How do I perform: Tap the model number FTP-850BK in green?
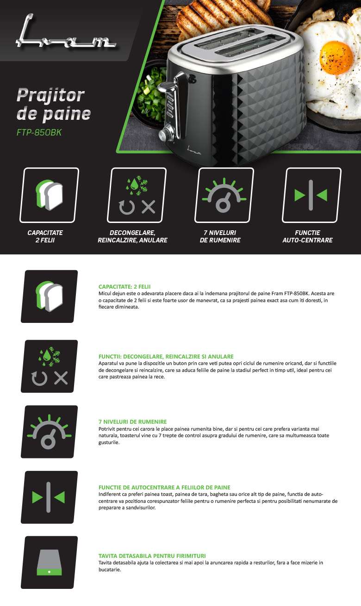39,132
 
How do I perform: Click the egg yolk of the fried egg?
336,58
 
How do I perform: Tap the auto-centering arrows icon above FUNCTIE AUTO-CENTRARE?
311,195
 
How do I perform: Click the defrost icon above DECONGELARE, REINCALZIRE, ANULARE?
137,195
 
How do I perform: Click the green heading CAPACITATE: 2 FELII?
124,287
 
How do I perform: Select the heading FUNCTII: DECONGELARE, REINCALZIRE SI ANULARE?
166,357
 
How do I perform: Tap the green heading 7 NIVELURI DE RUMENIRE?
133,422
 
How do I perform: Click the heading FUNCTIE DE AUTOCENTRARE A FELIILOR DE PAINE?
164,488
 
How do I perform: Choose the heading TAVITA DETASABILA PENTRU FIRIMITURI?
152,556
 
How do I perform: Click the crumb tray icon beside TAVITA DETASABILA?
49,563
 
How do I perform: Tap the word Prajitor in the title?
50,95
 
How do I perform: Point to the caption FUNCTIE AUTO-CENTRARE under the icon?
308,236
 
